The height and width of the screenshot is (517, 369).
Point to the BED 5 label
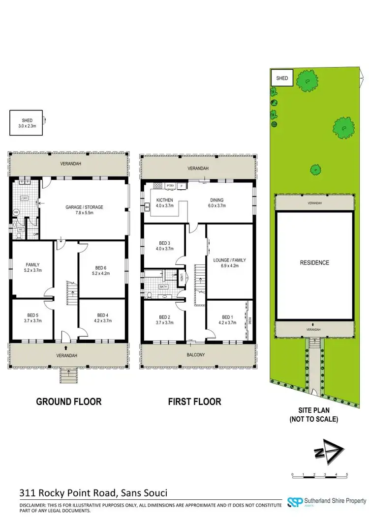(32, 317)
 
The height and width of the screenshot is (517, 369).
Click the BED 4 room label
(102, 317)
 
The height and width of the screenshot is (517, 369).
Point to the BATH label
(163, 286)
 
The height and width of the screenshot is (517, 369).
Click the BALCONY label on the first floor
(199, 354)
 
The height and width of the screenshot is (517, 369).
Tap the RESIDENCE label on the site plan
(314, 263)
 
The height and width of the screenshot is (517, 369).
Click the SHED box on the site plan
(282, 78)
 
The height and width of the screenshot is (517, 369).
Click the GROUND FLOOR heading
(69, 402)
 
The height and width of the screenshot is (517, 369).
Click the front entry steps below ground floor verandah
(68, 376)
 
